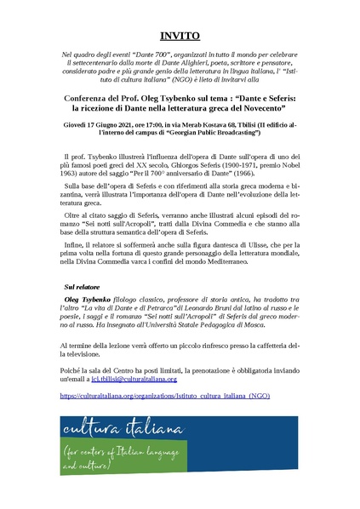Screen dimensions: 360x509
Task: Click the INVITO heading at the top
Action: click(180, 37)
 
